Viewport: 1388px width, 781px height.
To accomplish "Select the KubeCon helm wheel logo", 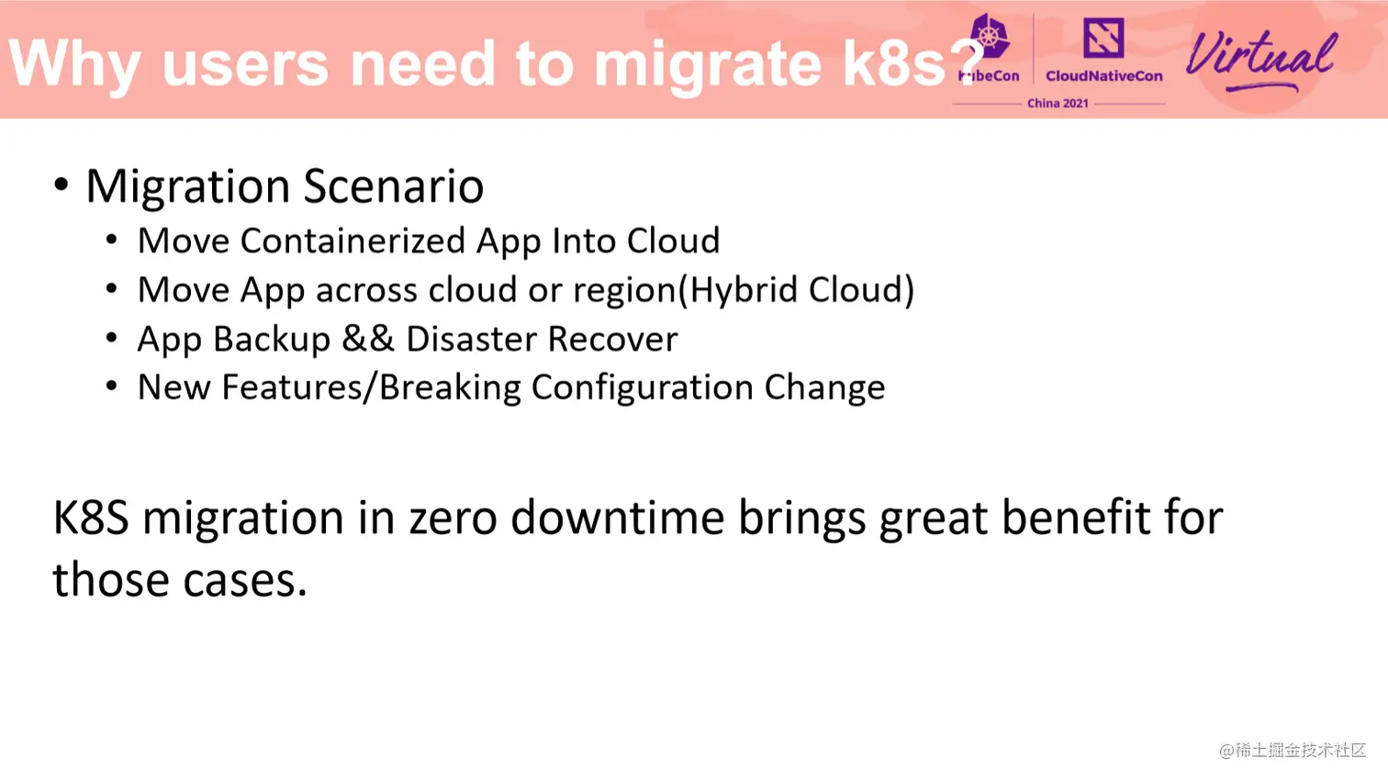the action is [x=990, y=37].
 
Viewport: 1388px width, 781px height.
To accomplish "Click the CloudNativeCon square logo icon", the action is [x=1103, y=37].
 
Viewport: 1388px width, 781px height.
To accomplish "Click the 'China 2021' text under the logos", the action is [x=1058, y=104].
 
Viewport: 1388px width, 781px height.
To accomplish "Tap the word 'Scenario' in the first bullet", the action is [x=394, y=185].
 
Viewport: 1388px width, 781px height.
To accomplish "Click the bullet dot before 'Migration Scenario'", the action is [x=61, y=184].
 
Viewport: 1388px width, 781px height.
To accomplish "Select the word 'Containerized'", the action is [x=353, y=240].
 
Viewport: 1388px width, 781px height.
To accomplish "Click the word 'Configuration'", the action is [x=643, y=388].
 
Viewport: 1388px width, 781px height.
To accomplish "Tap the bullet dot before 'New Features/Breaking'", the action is [x=112, y=386].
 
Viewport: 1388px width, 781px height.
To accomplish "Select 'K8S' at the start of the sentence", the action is [x=91, y=518].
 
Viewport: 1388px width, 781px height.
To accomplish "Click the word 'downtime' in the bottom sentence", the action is [x=617, y=518].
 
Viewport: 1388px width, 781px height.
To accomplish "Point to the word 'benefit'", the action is [x=1076, y=518].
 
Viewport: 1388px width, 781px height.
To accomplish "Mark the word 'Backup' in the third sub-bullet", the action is [x=272, y=340].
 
